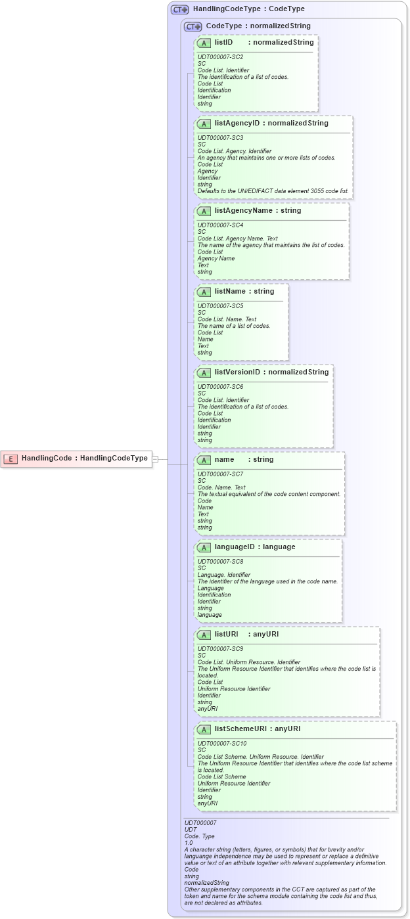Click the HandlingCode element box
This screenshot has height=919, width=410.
[x=76, y=459]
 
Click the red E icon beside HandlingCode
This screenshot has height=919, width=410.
[x=10, y=459]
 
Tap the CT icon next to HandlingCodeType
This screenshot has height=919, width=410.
[x=179, y=10]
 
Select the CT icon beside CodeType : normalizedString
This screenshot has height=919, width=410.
[x=193, y=26]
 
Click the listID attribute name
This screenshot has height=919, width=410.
[x=224, y=43]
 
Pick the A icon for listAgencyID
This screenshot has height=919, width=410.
[x=204, y=123]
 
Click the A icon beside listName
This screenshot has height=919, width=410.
[x=204, y=292]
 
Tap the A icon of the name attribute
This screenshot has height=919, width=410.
[x=204, y=460]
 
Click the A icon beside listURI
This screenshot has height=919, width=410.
[x=204, y=635]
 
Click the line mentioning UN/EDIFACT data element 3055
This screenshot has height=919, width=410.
[x=273, y=191]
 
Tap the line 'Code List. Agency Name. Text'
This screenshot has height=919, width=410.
[x=237, y=238]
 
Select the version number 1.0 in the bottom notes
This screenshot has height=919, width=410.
[x=189, y=842]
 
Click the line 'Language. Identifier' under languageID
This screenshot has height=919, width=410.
[x=224, y=575]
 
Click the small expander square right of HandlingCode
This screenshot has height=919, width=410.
[x=156, y=459]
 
